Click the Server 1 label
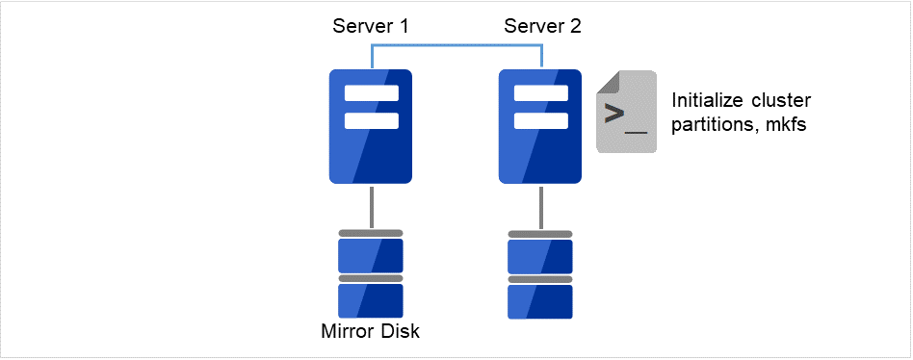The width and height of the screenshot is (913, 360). (x=371, y=26)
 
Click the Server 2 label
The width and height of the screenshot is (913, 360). (x=542, y=26)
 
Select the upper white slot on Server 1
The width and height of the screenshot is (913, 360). (x=371, y=94)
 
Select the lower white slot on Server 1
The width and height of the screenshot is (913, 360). (x=371, y=120)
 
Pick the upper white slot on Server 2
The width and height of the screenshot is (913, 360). (x=540, y=94)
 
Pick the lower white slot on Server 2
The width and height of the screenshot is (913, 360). (x=540, y=120)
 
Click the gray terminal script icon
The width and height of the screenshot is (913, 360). (x=626, y=113)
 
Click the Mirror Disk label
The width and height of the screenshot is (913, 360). (x=371, y=333)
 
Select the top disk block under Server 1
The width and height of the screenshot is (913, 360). (x=371, y=255)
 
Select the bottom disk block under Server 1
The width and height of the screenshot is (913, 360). (x=371, y=300)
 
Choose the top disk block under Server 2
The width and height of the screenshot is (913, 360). (x=540, y=255)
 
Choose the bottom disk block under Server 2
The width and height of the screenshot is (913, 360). (x=540, y=300)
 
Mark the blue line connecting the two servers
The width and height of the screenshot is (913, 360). (x=456, y=45)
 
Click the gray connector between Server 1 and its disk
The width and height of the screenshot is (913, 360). (x=371, y=207)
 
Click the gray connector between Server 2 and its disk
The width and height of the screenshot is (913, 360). (x=540, y=207)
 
